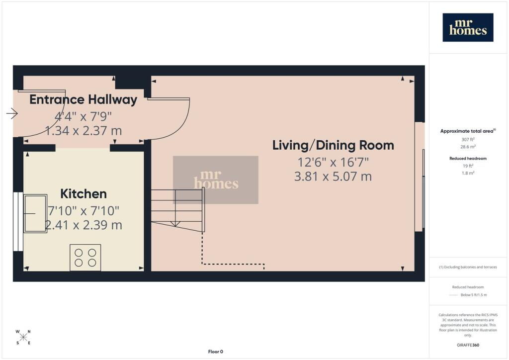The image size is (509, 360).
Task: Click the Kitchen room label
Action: (84, 194)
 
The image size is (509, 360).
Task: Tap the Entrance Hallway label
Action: (83, 99)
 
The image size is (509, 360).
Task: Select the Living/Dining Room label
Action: (333, 145)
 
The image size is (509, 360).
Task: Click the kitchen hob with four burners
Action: (85, 258)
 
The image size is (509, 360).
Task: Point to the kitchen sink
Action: (35, 213)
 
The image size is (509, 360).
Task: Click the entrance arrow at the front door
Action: (12, 113)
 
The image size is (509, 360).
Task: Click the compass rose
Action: (23, 337)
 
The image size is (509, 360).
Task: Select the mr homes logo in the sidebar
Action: (468, 27)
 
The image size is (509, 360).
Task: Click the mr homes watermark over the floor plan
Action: (216, 180)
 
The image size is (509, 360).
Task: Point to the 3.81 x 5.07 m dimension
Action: (333, 176)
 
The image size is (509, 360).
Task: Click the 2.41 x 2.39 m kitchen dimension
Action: (84, 225)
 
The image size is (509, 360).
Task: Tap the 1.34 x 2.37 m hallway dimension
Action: (84, 131)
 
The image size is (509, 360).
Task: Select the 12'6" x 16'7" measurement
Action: (333, 162)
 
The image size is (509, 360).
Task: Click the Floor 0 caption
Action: (216, 352)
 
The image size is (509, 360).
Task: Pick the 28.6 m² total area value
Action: (468, 147)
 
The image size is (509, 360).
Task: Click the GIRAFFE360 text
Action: (468, 345)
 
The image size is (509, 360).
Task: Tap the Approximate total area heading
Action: (468, 131)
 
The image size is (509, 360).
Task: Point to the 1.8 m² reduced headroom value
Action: (468, 173)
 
